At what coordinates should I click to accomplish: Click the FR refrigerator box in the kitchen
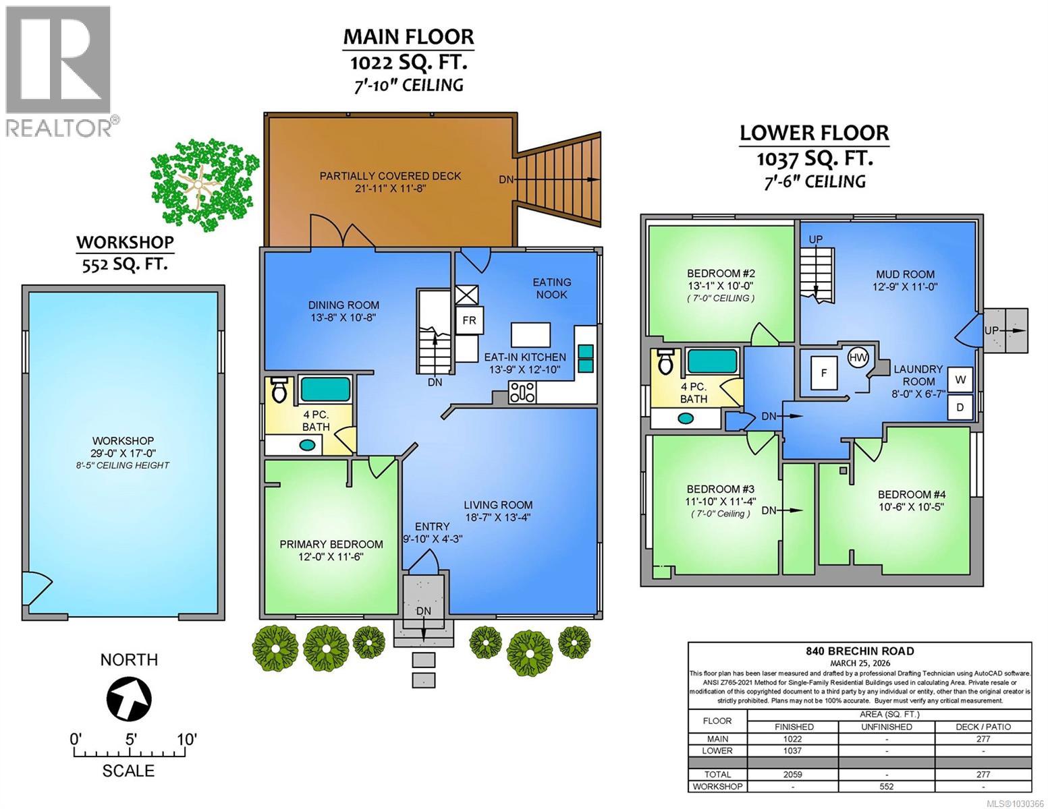click(x=468, y=321)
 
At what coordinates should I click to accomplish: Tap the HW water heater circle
click(x=858, y=357)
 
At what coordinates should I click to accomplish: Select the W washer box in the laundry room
click(x=960, y=380)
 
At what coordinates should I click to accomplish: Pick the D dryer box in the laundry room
click(x=960, y=407)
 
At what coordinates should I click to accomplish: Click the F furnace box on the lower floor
click(x=824, y=373)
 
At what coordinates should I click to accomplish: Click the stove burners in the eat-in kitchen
click(x=523, y=392)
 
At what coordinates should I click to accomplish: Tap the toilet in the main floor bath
click(x=279, y=390)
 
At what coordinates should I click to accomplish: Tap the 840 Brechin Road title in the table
click(x=860, y=651)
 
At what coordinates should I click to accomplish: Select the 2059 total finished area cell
click(x=792, y=774)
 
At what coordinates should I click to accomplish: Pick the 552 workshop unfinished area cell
click(x=886, y=786)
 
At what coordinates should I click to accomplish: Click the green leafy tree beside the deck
click(x=202, y=183)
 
